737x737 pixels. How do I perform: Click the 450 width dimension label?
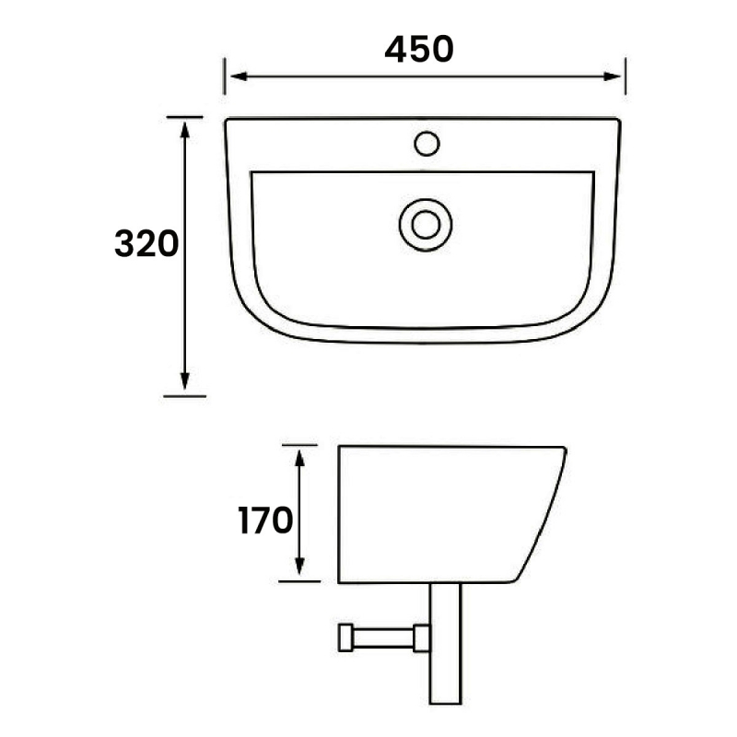coord(419,49)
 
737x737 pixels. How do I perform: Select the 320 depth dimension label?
coord(146,245)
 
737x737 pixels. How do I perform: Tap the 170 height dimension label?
coord(265,521)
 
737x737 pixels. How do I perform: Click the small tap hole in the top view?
coord(427,144)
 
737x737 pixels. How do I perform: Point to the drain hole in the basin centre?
coord(426,224)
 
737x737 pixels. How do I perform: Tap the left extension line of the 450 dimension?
coord(225,76)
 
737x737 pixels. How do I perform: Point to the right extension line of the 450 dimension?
coord(626,76)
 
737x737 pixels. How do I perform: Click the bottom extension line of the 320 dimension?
coord(184,395)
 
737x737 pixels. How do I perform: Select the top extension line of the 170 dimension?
coord(299,445)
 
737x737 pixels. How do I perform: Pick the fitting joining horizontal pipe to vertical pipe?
coord(423,638)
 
